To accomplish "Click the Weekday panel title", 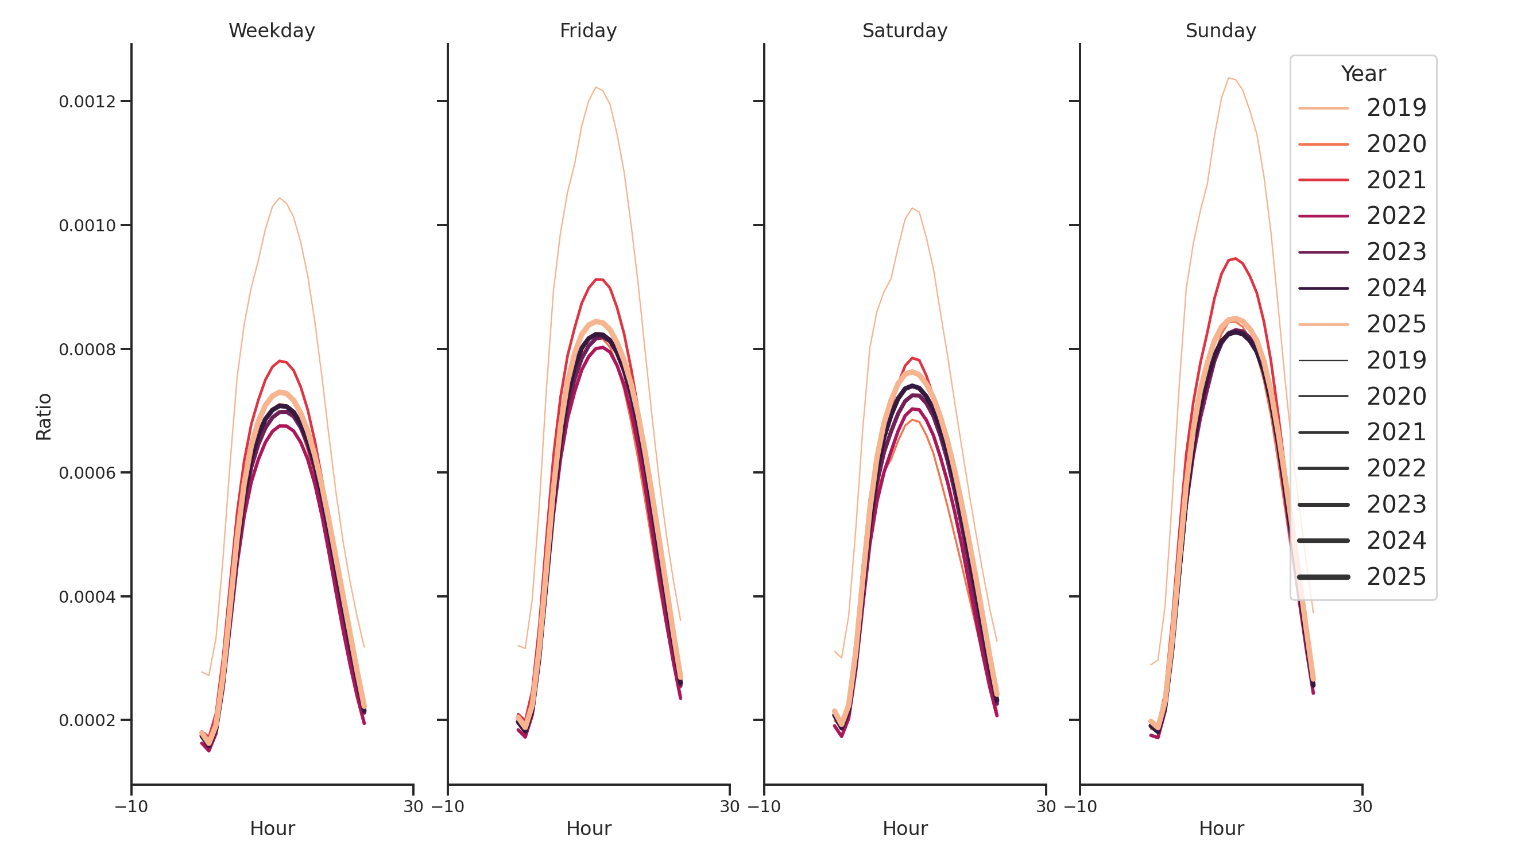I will [272, 31].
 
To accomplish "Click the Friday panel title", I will [588, 31].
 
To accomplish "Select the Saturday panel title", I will [904, 31].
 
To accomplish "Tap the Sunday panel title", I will [1220, 31].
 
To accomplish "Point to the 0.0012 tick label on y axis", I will [87, 102].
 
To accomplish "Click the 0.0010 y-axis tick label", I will [87, 226].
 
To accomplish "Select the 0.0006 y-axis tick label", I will [87, 473].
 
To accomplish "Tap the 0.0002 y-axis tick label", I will [87, 720].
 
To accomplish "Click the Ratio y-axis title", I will [44, 417].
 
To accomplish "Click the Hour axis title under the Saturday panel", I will [904, 828].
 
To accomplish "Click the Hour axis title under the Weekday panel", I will [272, 828].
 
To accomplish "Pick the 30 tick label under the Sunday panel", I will [1361, 806].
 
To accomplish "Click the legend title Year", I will [1363, 74].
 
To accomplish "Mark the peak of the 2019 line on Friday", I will [596, 88].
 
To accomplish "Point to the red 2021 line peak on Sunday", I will [1235, 259].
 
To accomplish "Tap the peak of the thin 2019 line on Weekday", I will [280, 198].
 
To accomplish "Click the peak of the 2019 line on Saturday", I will [912, 208].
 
